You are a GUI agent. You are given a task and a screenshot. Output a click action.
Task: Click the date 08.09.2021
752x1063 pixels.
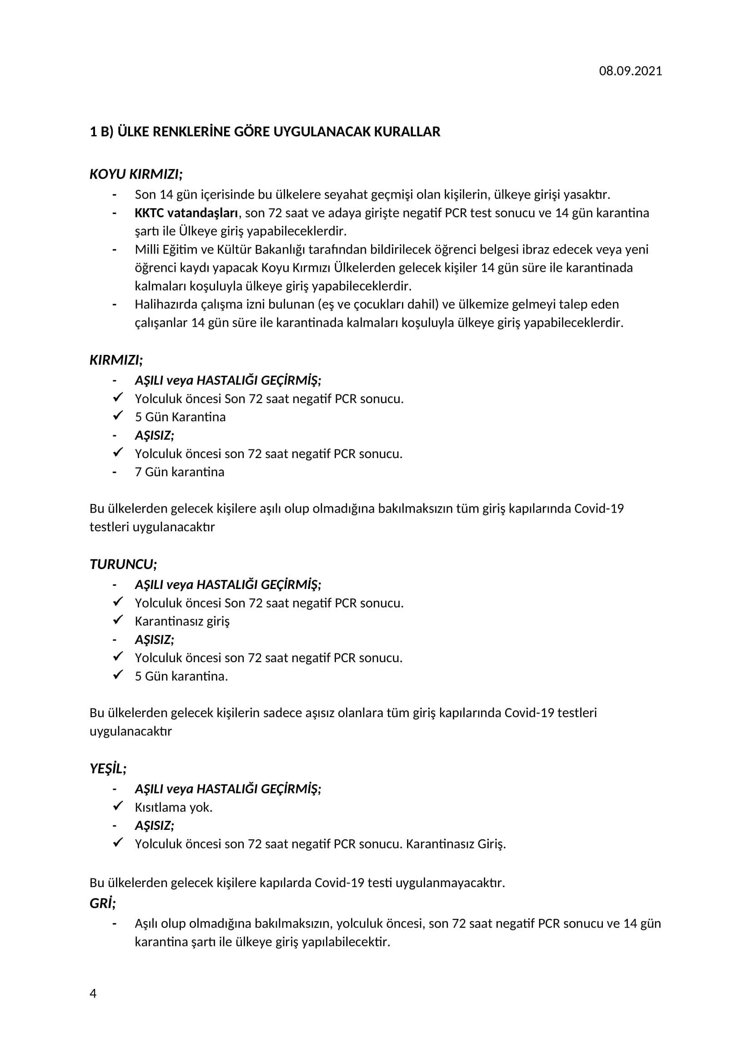pos(630,71)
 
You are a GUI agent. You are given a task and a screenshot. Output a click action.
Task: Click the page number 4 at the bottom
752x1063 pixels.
pos(93,993)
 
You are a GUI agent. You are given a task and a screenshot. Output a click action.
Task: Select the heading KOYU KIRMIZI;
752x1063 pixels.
pos(136,174)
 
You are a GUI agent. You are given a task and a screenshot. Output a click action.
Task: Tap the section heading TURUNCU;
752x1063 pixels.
pos(123,564)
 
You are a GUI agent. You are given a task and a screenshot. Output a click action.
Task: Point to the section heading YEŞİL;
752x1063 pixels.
pos(108,769)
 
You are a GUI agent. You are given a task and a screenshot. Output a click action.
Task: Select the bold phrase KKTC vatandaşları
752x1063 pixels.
pos(186,213)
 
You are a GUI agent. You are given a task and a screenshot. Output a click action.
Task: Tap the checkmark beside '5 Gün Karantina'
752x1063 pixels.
pos(118,416)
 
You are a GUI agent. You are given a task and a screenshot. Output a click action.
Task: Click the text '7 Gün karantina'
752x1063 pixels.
pos(179,472)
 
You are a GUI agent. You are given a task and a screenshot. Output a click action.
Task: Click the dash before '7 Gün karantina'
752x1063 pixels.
pos(115,472)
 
